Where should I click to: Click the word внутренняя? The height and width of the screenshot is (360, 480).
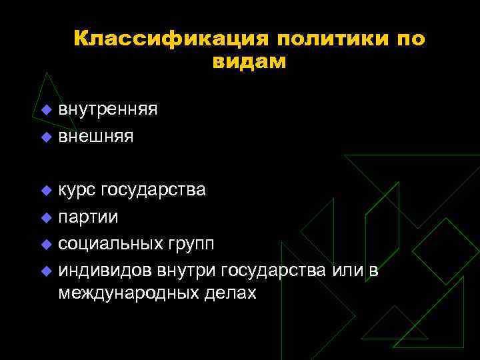click(107, 109)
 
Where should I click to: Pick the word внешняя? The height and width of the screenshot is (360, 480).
click(95, 137)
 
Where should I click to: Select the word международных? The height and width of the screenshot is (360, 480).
click(120, 293)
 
